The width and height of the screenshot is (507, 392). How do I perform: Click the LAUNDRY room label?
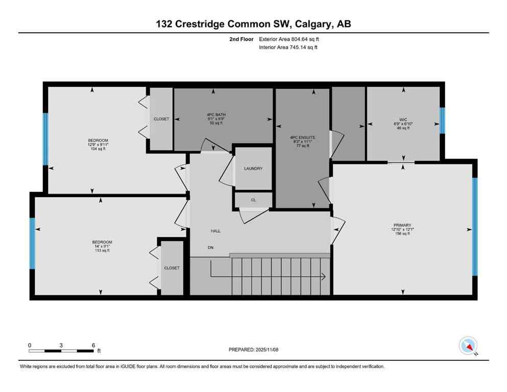click(x=253, y=168)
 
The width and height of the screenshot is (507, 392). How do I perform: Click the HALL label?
click(x=216, y=231)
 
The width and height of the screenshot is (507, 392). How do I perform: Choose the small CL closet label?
click(x=253, y=200)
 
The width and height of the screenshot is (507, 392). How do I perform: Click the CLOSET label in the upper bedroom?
click(x=161, y=119)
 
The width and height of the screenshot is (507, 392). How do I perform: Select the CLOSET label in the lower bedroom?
click(x=172, y=268)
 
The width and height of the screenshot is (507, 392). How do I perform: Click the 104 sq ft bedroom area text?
click(x=98, y=149)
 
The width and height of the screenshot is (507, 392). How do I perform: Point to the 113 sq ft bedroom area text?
click(x=102, y=251)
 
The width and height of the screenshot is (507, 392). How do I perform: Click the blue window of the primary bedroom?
click(x=474, y=226)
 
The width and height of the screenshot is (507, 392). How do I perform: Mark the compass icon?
click(x=468, y=346)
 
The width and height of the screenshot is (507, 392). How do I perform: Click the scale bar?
click(x=61, y=351)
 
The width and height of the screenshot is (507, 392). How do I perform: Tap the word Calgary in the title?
click(x=310, y=23)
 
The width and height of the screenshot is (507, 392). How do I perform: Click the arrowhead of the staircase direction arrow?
click(x=324, y=277)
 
